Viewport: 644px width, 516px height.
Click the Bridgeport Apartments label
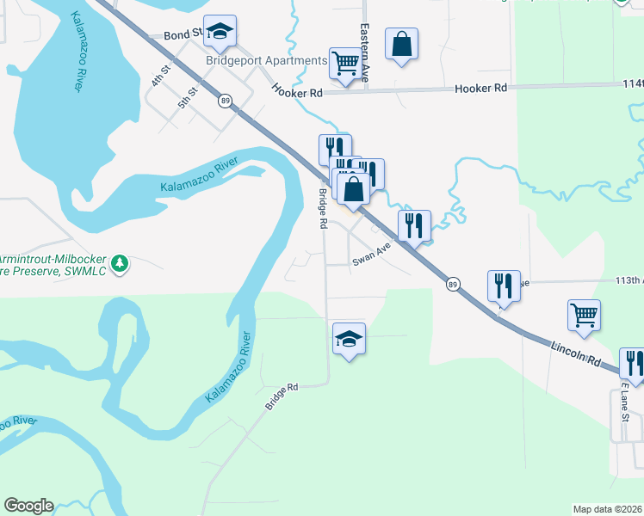coord(266,60)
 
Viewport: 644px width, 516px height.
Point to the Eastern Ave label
coord(365,52)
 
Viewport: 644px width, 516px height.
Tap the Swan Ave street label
coord(371,253)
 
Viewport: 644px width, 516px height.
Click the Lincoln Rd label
coord(574,353)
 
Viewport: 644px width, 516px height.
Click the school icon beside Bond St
coord(220,33)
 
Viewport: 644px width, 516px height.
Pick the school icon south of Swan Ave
coord(349,339)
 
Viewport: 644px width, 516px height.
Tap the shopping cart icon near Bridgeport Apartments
coord(344,62)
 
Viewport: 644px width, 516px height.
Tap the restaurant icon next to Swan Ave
coord(414,226)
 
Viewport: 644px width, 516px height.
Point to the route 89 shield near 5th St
coord(225,101)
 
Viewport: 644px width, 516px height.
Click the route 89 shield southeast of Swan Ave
coord(453,284)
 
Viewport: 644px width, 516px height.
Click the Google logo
coord(28,506)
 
